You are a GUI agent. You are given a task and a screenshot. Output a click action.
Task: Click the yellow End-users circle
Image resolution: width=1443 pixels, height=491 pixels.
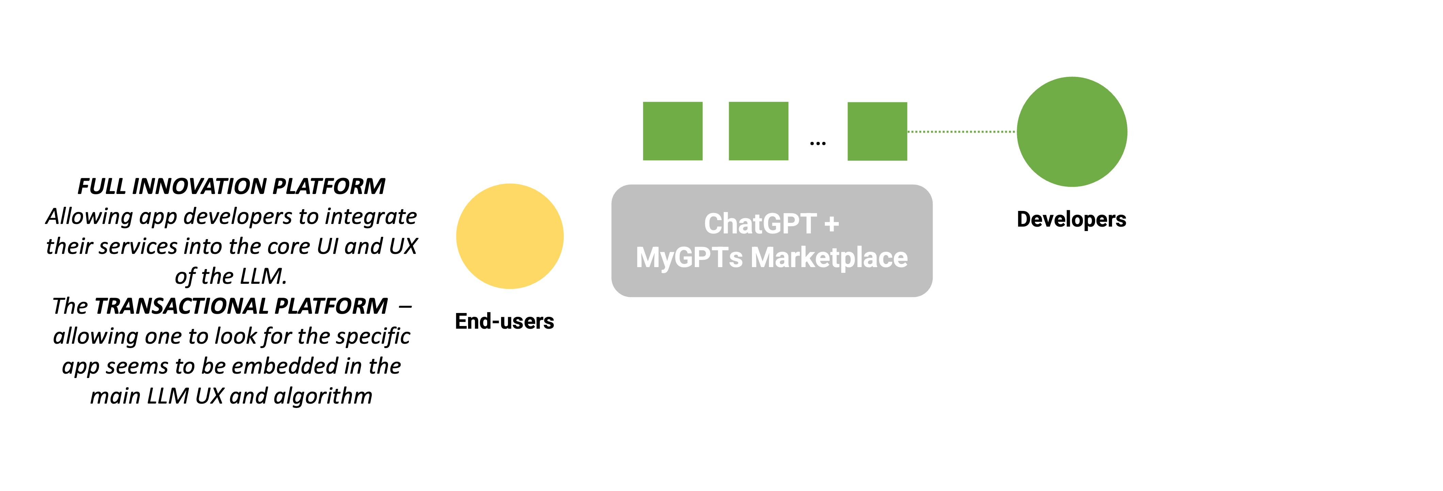pos(510,236)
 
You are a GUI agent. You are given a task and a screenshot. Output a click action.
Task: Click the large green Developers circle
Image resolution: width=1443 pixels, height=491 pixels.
pos(1072,132)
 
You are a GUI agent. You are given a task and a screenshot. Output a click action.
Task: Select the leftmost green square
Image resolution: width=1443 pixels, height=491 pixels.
pos(672,131)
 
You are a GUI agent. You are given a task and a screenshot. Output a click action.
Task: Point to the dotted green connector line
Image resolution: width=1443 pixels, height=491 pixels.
pos(961,132)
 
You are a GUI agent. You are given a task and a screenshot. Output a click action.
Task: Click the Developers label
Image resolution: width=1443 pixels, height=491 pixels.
pos(1071,219)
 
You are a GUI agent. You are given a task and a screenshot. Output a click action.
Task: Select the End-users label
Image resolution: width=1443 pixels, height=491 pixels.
pos(504,321)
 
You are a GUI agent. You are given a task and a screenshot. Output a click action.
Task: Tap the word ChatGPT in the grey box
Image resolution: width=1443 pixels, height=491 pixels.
pos(759,224)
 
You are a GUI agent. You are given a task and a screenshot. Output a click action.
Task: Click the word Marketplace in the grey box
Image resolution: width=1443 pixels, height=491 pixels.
pos(829,258)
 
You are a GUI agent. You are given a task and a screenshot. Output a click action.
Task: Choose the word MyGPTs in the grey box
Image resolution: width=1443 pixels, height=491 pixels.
pos(689,258)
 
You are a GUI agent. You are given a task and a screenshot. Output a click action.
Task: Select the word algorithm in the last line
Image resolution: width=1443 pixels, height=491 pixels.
pos(323,396)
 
